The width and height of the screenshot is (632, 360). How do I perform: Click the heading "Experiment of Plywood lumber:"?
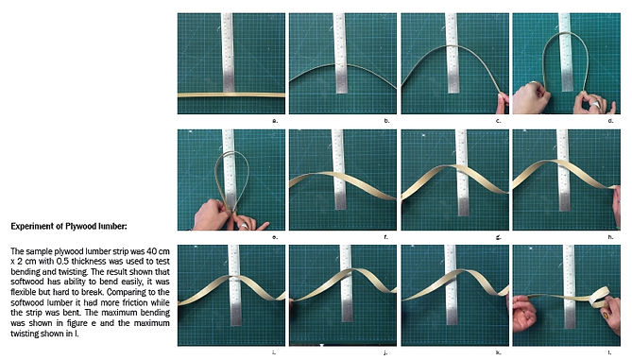tap(69, 226)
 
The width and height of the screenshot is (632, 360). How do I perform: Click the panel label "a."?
tap(275, 121)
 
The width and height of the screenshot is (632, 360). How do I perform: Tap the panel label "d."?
tap(610, 121)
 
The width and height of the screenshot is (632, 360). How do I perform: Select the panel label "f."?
tap(386, 237)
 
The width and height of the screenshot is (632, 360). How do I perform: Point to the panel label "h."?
tap(610, 237)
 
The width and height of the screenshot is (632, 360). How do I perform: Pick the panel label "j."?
tap(385, 352)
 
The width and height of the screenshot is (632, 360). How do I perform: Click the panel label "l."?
tap(611, 352)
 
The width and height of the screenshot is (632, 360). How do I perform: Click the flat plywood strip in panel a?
tap(231, 95)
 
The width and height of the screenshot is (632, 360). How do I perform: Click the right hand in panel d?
tap(592, 103)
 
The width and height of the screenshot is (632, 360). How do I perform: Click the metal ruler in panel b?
tap(341, 53)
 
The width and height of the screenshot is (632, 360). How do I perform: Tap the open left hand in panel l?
tap(524, 313)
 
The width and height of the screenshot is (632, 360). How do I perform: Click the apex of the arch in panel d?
tap(566, 32)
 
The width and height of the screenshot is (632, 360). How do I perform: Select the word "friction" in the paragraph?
tap(129, 302)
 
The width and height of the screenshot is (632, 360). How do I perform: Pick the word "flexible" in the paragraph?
tap(23, 292)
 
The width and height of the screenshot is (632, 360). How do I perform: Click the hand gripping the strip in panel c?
tap(503, 104)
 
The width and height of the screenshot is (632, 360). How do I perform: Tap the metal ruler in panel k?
tap(451, 285)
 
